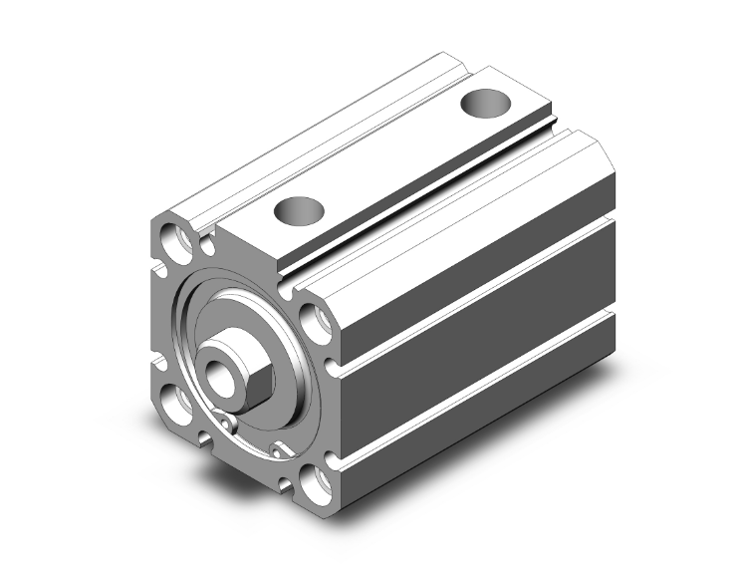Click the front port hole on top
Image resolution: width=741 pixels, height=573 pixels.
(300, 211)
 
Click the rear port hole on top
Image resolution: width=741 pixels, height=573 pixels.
(488, 103)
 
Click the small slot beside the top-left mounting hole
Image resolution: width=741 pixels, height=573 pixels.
(208, 242)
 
